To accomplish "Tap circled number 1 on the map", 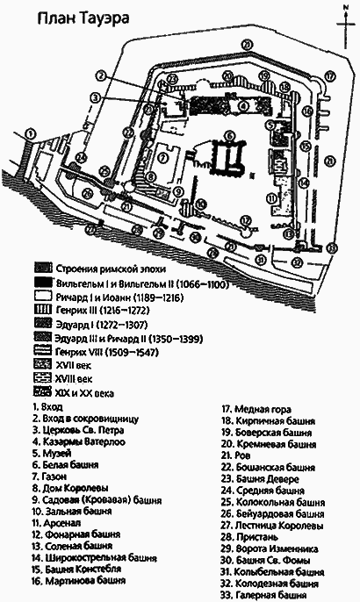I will [x=32, y=133].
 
